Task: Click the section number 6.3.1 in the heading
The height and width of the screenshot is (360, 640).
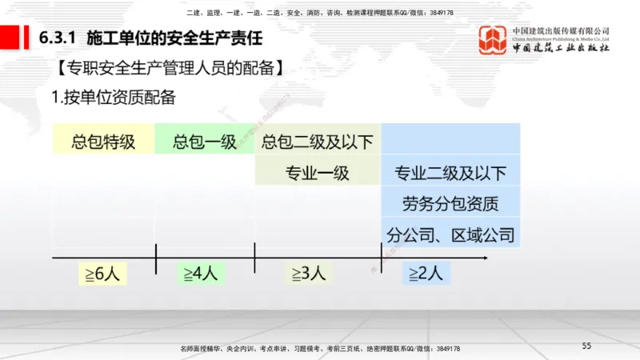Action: tap(57, 38)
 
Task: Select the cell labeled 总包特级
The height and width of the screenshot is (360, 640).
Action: tap(102, 142)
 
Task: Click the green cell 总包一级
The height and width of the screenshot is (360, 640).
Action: tap(205, 142)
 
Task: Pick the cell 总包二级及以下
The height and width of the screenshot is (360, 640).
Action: tap(318, 142)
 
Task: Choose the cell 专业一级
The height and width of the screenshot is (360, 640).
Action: tap(318, 173)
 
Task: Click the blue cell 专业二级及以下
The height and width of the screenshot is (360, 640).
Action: tap(451, 173)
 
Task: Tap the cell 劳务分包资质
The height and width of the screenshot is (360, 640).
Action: tap(451, 203)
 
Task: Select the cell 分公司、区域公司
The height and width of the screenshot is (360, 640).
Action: tap(451, 234)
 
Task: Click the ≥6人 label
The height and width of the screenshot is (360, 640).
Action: tap(102, 274)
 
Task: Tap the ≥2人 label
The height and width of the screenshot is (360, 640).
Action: tap(426, 274)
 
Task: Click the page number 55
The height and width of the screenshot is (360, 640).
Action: tap(586, 346)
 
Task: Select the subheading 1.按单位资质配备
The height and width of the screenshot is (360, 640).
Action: tap(114, 98)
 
